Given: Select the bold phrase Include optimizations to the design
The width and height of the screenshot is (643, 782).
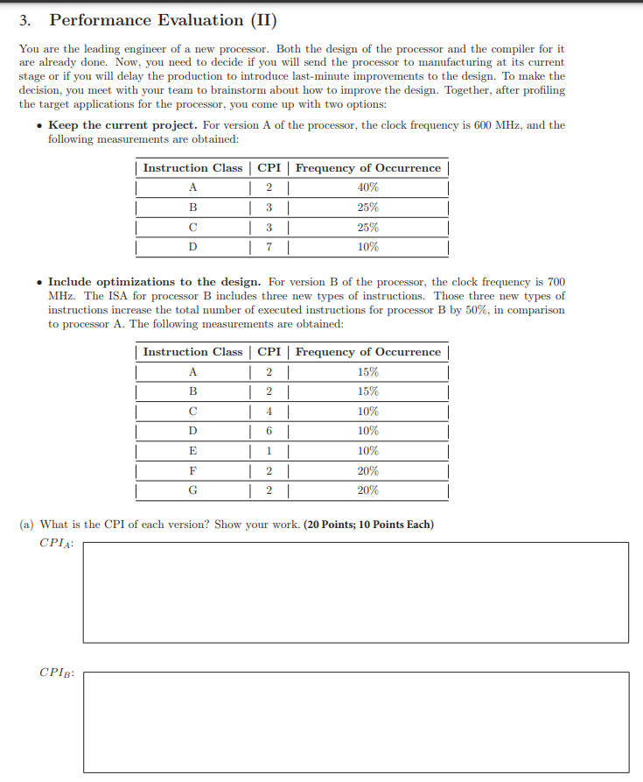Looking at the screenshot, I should point(154,282).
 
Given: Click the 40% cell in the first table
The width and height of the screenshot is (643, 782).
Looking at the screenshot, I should point(368,187).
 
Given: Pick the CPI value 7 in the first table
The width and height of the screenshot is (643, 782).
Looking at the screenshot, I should point(269,247).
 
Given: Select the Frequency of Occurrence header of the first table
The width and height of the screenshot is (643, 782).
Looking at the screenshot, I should point(368,167).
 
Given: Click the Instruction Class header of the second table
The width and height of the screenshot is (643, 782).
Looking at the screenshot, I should point(192,352).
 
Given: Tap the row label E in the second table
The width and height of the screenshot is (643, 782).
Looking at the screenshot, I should point(192,451).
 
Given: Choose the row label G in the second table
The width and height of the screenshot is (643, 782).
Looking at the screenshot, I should point(192,490).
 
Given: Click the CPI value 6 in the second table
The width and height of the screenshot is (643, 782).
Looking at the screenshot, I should point(269,431).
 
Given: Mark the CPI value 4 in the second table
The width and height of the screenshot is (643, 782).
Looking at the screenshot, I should point(269,412).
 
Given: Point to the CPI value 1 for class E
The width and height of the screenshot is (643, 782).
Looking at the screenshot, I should point(269,451).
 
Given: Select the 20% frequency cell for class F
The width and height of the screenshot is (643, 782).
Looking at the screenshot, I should point(368,470).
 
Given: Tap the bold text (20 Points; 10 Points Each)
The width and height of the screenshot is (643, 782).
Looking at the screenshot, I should point(368,525).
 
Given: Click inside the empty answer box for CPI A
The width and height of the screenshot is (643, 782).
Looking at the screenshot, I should point(355,592).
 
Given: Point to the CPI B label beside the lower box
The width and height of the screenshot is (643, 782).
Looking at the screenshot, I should point(56,673).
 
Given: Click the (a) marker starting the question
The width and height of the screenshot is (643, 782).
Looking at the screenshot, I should point(27,525).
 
